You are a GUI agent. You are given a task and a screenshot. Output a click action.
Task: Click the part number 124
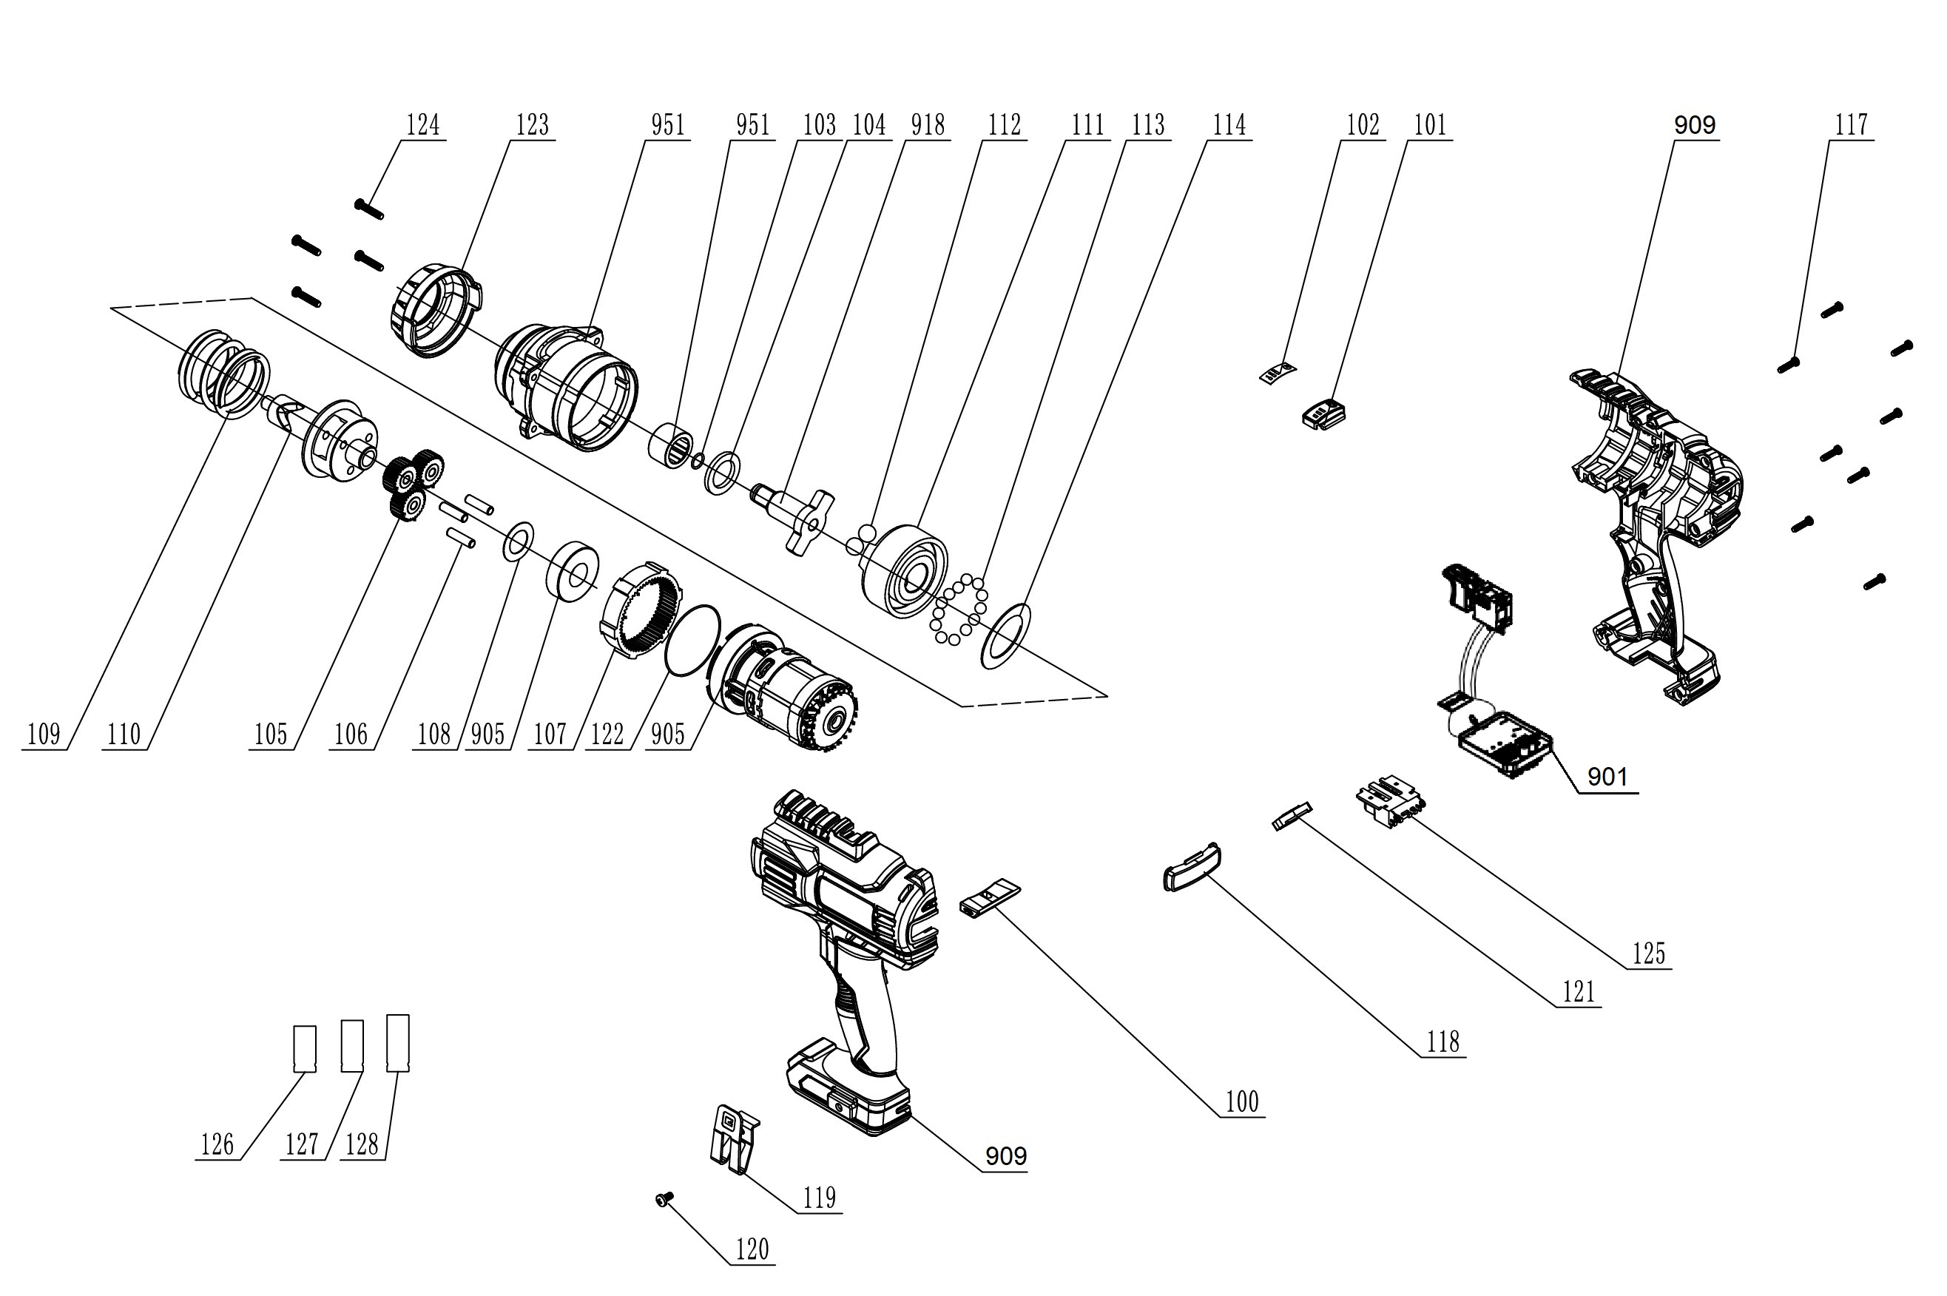(422, 125)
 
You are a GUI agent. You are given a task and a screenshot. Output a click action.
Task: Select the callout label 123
(532, 125)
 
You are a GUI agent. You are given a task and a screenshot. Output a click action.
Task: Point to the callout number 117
(1851, 125)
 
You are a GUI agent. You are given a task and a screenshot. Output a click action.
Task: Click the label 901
(1607, 777)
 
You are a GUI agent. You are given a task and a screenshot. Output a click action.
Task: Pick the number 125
(1648, 954)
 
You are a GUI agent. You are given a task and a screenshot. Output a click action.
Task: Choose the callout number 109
(44, 734)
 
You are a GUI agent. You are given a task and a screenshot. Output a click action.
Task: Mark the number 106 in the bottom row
(351, 734)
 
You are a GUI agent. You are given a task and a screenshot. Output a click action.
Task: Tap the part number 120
(752, 1249)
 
